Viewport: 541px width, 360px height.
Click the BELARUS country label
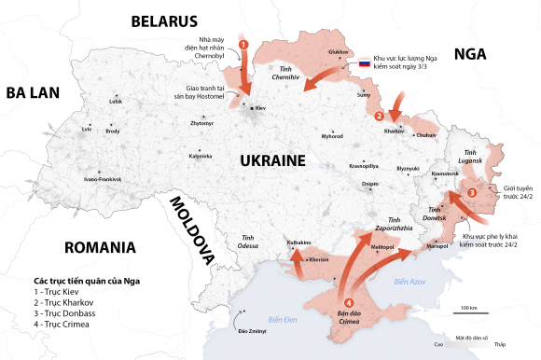pos(164,21)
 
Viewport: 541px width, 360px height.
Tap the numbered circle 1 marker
pos(243,44)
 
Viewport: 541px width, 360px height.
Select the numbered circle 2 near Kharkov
pos(379,117)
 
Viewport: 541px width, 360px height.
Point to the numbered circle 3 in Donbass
pos(472,192)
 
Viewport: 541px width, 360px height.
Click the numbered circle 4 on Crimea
pos(349,302)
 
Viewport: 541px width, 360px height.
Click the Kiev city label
pos(260,109)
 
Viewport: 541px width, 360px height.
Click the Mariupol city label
pos(437,247)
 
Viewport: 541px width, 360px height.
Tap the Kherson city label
pos(319,259)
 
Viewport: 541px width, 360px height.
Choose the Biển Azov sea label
pos(409,280)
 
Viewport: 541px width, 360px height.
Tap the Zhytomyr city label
pos(201,123)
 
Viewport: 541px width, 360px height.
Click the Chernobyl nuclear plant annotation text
pos(206,41)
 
